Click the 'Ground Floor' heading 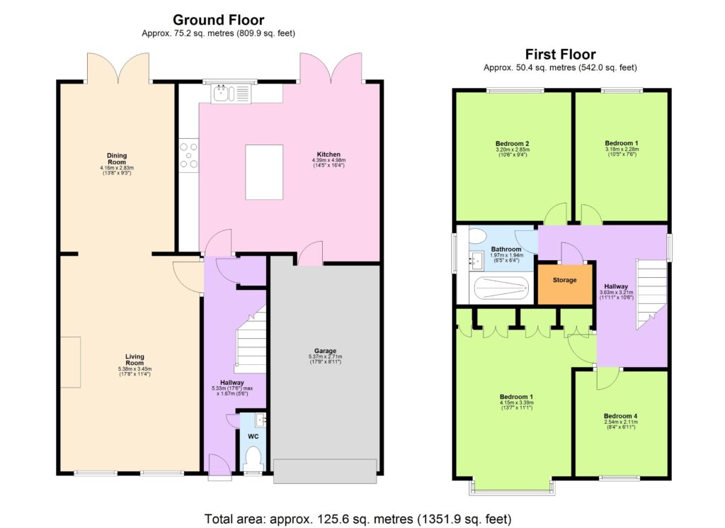pos(218,19)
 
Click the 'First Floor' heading pos(560,55)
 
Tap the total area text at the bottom pos(358,518)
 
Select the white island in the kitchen pos(264,172)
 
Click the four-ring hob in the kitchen pos(189,156)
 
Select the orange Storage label pos(564,281)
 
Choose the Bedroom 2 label pos(513,144)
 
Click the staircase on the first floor pos(651,293)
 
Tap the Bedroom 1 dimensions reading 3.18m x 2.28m pos(621,150)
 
